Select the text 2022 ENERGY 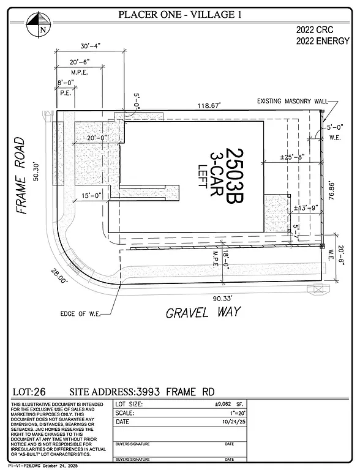coord(323,41)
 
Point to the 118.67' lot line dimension coord(206,105)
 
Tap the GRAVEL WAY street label coord(203,313)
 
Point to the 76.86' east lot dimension coord(331,195)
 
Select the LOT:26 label coord(29,391)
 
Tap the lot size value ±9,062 coord(318,405)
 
